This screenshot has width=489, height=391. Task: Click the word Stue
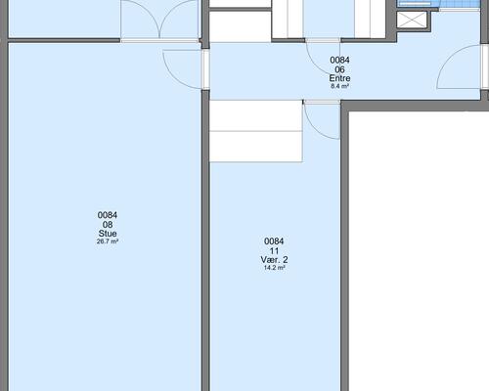[108, 234]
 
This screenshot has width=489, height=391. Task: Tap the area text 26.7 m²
[108, 241]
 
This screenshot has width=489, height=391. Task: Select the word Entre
[339, 78]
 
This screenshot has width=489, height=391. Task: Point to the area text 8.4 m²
[339, 86]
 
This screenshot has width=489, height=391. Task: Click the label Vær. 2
[274, 260]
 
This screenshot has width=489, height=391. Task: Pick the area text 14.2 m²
[274, 268]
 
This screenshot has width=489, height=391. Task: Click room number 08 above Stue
[108, 225]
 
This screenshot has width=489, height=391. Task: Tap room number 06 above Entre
[339, 69]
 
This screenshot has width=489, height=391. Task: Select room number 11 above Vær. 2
[274, 251]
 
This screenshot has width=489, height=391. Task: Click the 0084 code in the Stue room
[108, 215]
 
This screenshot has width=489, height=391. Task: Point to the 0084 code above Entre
[339, 60]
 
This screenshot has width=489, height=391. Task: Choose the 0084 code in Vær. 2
[274, 241]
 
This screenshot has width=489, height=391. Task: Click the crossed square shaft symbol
[412, 20]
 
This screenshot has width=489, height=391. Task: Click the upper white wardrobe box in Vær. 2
[256, 115]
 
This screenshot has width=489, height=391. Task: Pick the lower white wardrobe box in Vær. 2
[256, 147]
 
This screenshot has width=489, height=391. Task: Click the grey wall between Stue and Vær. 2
[205, 240]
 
